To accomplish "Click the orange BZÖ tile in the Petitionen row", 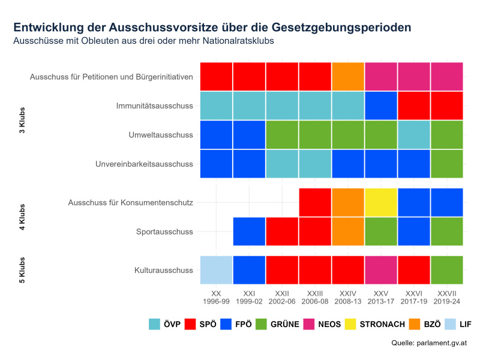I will point(348,76).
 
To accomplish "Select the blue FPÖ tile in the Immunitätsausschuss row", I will point(381,106).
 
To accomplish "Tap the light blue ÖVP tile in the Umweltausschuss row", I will point(414,135).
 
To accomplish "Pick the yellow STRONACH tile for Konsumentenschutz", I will point(381,202).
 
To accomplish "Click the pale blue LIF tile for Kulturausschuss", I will point(216,270).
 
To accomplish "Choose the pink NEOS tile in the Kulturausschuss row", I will point(381,270).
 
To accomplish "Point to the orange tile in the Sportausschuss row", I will point(348,231).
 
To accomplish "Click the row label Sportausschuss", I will point(164,231).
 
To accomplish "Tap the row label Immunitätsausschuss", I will point(154,106).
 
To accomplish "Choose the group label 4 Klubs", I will point(22,217).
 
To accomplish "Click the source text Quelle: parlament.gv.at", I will point(429,343).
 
